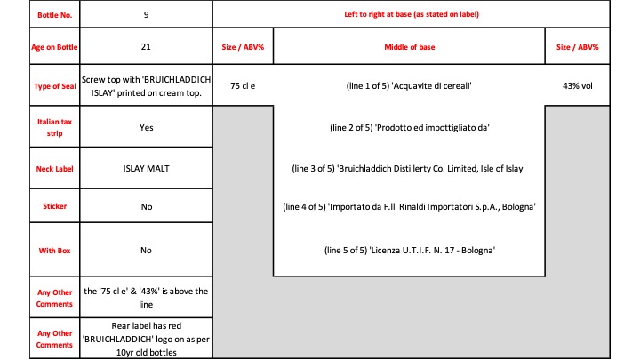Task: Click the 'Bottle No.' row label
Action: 55,15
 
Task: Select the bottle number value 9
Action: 146,15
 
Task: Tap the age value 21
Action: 146,46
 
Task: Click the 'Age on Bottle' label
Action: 54,47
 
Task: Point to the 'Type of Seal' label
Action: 55,86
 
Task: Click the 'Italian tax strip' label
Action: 55,127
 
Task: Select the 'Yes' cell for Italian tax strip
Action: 146,127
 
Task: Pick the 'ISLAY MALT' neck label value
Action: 146,168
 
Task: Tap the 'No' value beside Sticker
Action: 147,206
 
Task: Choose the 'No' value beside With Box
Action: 146,250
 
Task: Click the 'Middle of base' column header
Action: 410,47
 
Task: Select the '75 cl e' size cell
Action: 243,85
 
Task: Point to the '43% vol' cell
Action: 578,85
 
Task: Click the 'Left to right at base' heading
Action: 412,14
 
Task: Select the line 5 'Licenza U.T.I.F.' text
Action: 432,250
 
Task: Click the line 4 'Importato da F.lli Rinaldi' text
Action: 432,206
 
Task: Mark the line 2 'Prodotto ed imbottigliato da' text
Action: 432,127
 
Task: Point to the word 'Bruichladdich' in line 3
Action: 364,168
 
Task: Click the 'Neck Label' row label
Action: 55,169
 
